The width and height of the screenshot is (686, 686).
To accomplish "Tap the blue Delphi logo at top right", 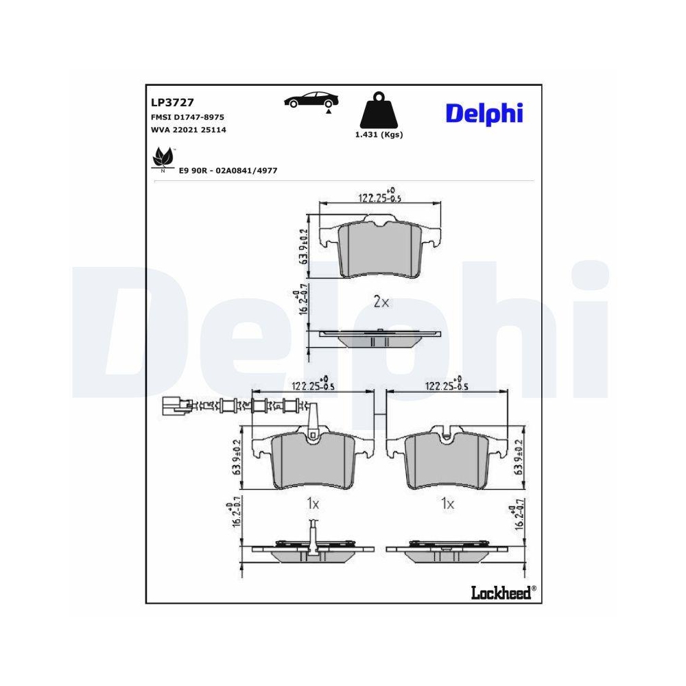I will (x=484, y=113).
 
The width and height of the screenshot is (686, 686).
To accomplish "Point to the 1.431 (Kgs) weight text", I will (x=379, y=135).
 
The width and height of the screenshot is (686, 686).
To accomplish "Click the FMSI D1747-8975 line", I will (x=187, y=117).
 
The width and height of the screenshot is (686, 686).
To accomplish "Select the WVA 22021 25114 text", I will (x=188, y=129).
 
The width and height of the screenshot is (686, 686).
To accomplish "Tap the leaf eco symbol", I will (x=163, y=158).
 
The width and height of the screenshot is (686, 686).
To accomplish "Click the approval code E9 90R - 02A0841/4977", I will (x=228, y=169).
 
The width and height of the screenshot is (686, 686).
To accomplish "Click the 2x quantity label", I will (x=381, y=301).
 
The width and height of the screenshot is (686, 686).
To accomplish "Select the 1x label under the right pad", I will (x=447, y=504).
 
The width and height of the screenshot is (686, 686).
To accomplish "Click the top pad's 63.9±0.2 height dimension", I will (x=302, y=247).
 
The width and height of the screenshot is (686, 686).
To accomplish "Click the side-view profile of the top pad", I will (x=379, y=338).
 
